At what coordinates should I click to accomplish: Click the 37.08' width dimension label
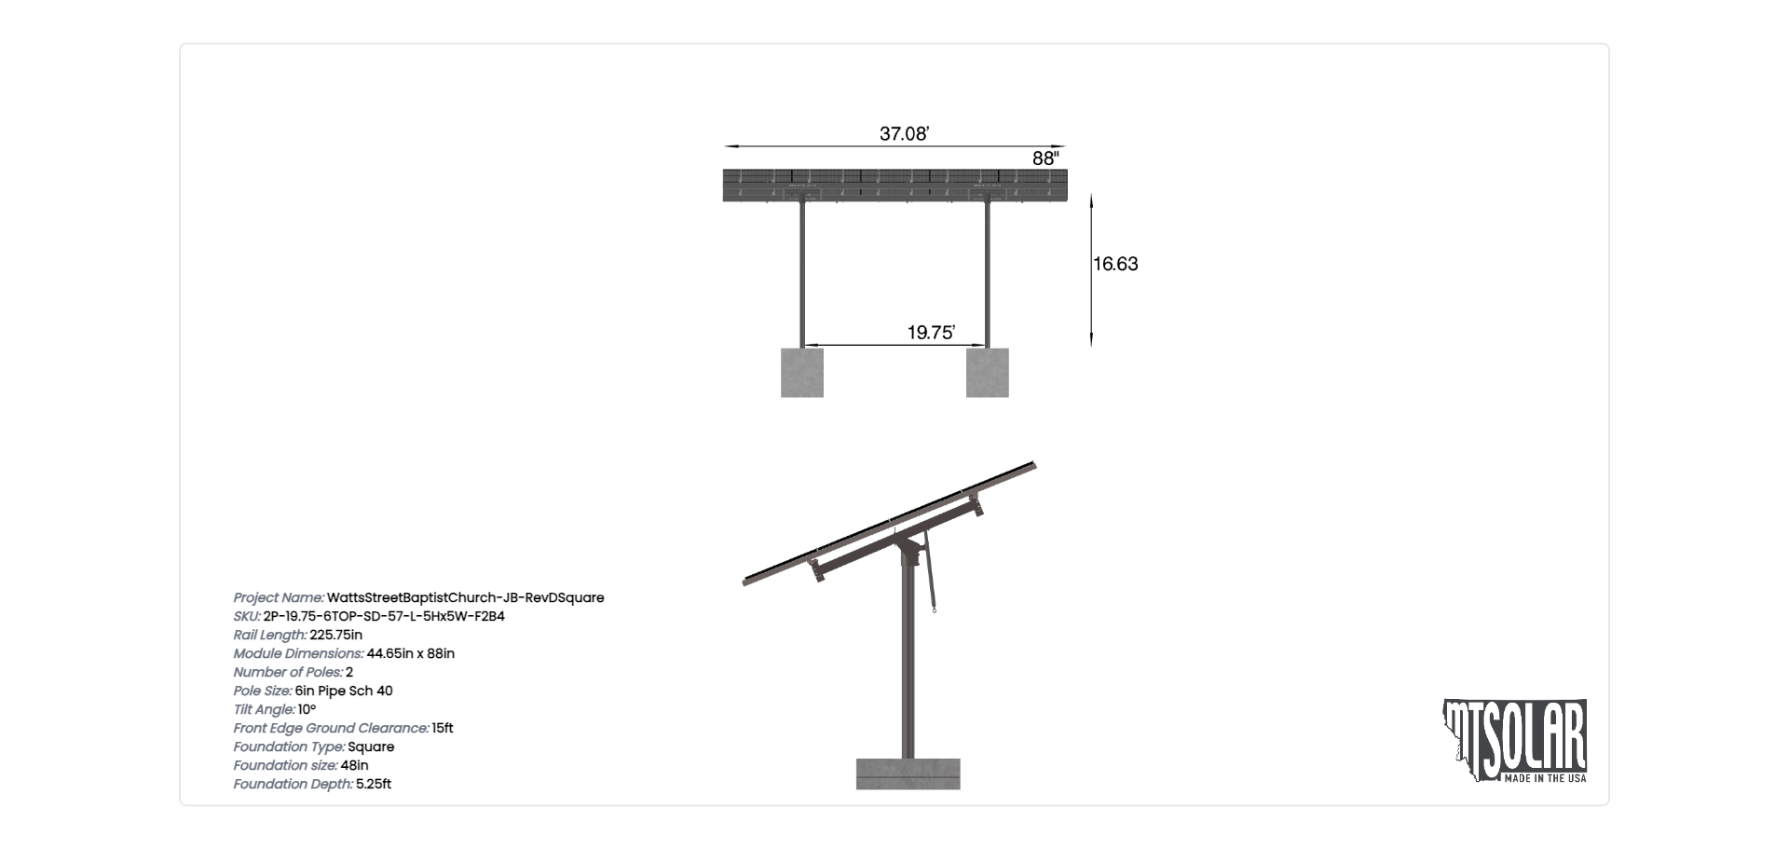904,134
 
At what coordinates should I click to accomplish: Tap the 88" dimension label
1045,158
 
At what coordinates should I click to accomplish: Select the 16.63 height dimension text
1115,264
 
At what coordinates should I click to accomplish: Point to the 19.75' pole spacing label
931,333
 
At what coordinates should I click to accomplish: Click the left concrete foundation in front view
802,373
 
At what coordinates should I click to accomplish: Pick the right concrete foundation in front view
988,373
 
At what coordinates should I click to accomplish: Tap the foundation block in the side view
908,774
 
